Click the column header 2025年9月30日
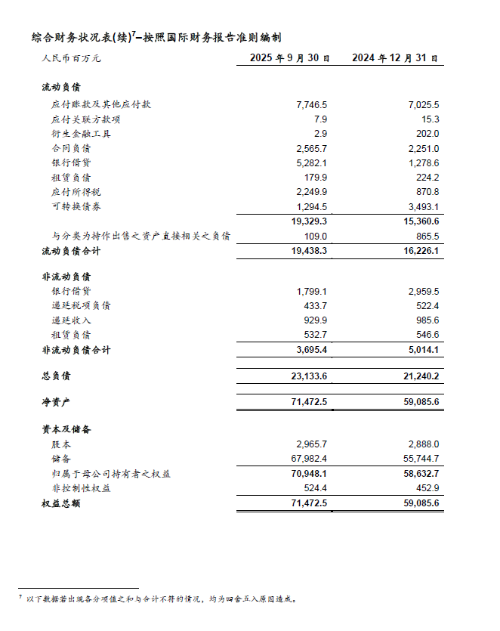point(289,58)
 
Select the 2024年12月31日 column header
point(395,58)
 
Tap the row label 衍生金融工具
point(82,133)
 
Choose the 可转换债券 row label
point(76,206)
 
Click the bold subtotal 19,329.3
point(308,221)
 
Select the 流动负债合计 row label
point(71,250)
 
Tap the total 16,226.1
point(421,250)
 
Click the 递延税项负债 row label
point(82,305)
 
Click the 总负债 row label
point(55,376)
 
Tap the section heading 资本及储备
point(66,429)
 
